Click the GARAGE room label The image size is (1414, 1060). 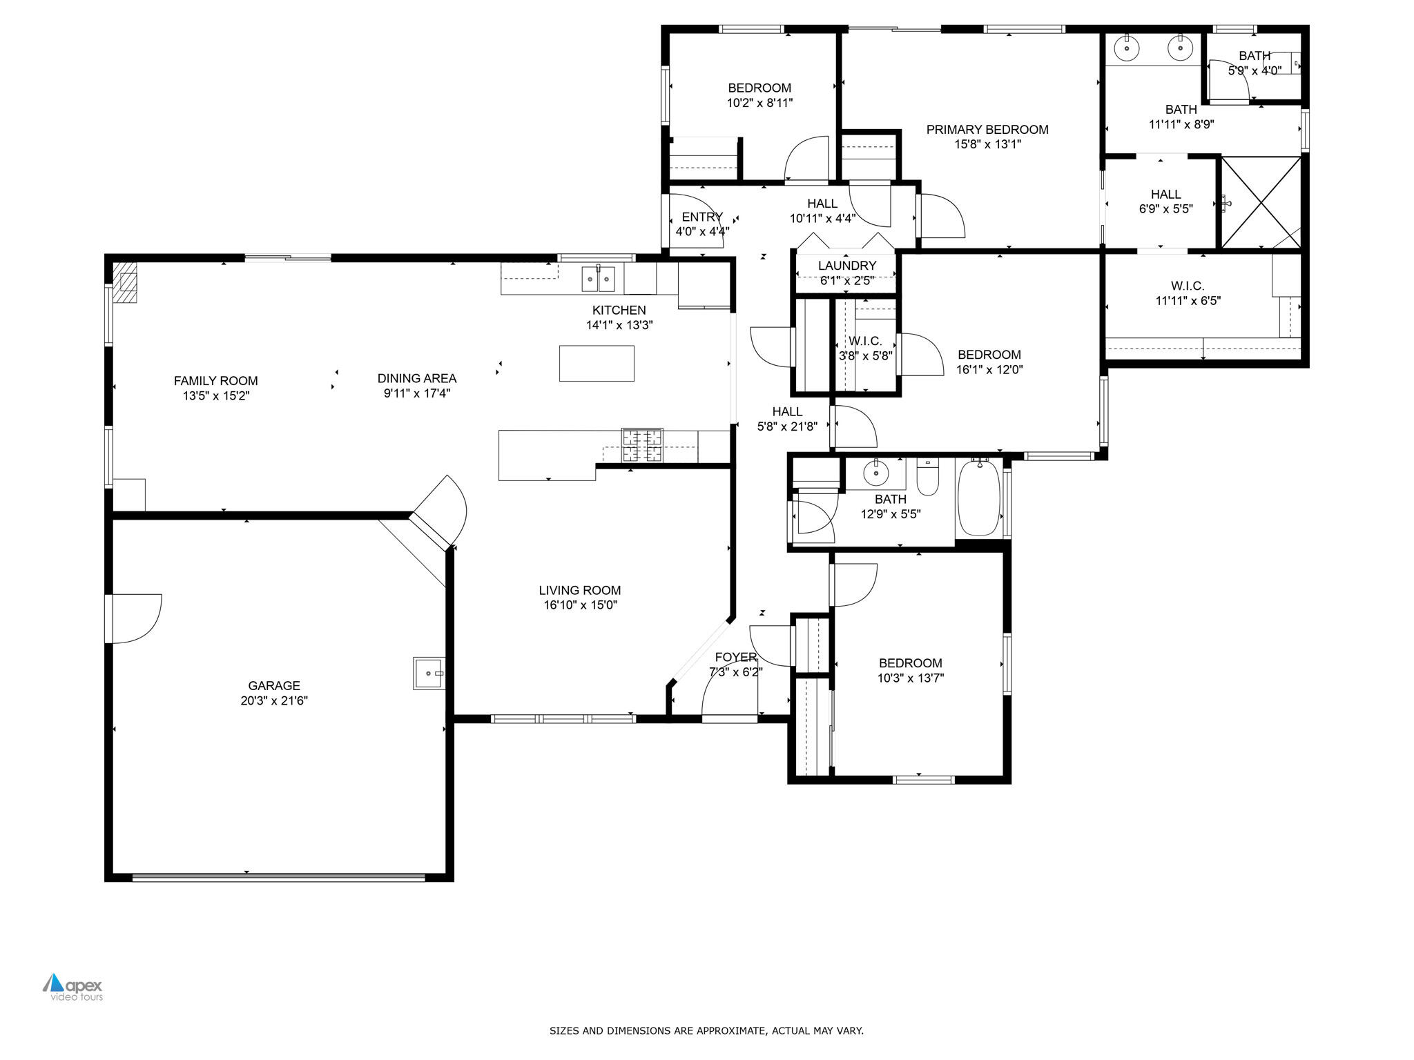274,685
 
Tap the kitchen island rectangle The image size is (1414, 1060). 597,363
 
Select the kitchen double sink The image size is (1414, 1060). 598,279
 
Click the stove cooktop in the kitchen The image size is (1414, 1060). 641,445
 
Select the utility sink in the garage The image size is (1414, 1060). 429,673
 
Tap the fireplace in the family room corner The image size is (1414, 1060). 126,282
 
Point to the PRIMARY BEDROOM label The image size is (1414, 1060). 987,130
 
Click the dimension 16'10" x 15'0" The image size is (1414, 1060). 580,605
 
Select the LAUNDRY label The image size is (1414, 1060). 846,266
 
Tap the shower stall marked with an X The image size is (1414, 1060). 1261,202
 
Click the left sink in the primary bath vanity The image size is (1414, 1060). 1127,48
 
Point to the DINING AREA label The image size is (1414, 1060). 416,378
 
